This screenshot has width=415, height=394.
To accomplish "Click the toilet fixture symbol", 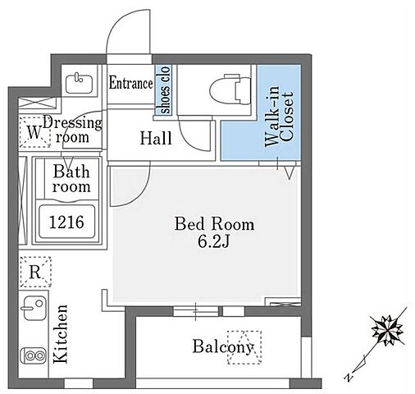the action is click(x=230, y=89).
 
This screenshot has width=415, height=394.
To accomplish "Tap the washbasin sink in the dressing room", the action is click(x=79, y=83).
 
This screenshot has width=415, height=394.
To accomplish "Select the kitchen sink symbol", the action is click(x=34, y=308).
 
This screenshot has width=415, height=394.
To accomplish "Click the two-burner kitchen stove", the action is click(x=34, y=355).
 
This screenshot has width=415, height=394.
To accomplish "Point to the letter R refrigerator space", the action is click(x=35, y=272).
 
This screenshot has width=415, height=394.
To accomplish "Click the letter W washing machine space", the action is click(x=34, y=132).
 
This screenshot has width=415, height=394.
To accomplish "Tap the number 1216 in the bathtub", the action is click(x=66, y=222).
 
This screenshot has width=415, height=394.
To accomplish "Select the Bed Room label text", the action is click(x=215, y=224).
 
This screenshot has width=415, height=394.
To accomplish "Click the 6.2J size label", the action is click(x=213, y=241).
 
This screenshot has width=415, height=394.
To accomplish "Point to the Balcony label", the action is click(x=223, y=347).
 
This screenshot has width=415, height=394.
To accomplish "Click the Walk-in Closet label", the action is click(x=279, y=117).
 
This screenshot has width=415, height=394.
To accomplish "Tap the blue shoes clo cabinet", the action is click(x=163, y=90).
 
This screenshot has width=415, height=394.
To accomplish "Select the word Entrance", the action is click(x=130, y=83).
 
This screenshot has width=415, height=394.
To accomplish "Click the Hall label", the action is click(x=156, y=138).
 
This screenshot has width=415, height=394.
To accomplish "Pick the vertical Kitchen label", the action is click(x=61, y=334).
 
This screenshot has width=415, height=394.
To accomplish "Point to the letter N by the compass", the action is click(x=349, y=378).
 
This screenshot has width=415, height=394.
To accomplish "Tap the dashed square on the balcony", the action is click(x=244, y=347).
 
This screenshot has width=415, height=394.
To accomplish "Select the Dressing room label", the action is click(x=72, y=130).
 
